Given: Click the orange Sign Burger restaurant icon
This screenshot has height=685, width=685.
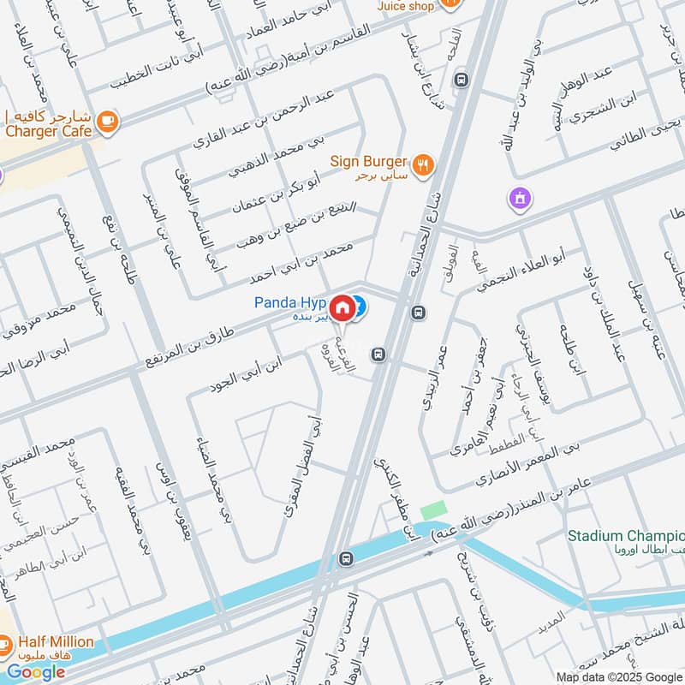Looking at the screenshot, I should click(422, 164).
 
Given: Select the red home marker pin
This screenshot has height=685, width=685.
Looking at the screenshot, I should click(342, 307).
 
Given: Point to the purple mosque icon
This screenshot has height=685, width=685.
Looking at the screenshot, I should click(519, 200).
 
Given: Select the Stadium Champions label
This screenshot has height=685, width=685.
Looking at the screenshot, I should click(626, 537).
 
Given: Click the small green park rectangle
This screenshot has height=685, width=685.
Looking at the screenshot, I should click(433, 508).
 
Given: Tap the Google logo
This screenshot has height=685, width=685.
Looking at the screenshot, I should click(36, 672).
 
